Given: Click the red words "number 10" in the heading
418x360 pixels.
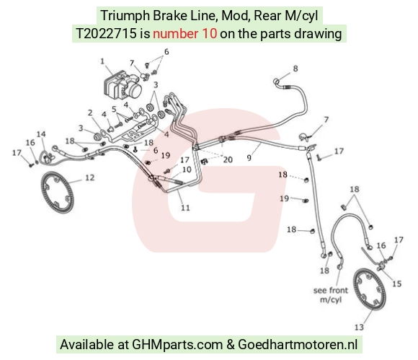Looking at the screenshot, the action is click(x=184, y=34).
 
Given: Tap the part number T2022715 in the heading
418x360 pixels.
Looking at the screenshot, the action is click(x=106, y=34).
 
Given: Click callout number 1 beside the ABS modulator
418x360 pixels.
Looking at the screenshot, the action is click(x=102, y=61).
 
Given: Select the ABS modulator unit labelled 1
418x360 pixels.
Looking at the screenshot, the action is click(x=122, y=85).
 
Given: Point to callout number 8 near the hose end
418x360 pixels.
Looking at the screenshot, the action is click(x=295, y=69).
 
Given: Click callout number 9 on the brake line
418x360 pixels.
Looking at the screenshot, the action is click(x=249, y=158).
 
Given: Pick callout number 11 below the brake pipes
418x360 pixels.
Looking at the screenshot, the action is click(x=185, y=208).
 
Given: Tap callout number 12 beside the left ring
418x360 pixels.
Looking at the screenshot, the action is click(x=90, y=177).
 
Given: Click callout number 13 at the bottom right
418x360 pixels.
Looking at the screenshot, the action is click(x=359, y=327).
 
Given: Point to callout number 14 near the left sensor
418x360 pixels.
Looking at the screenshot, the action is click(x=41, y=134).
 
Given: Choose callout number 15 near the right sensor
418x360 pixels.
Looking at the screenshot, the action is click(x=396, y=284).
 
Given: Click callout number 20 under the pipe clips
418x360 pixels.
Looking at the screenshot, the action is click(x=228, y=159).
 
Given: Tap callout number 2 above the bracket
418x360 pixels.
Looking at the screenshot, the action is click(x=90, y=113).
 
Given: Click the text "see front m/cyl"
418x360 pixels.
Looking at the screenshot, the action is click(x=331, y=294).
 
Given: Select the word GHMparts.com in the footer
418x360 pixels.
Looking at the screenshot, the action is click(x=177, y=344).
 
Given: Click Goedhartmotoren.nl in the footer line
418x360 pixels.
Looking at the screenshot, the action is click(x=298, y=344).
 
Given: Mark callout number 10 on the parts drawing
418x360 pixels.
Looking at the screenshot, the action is click(x=187, y=170).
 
